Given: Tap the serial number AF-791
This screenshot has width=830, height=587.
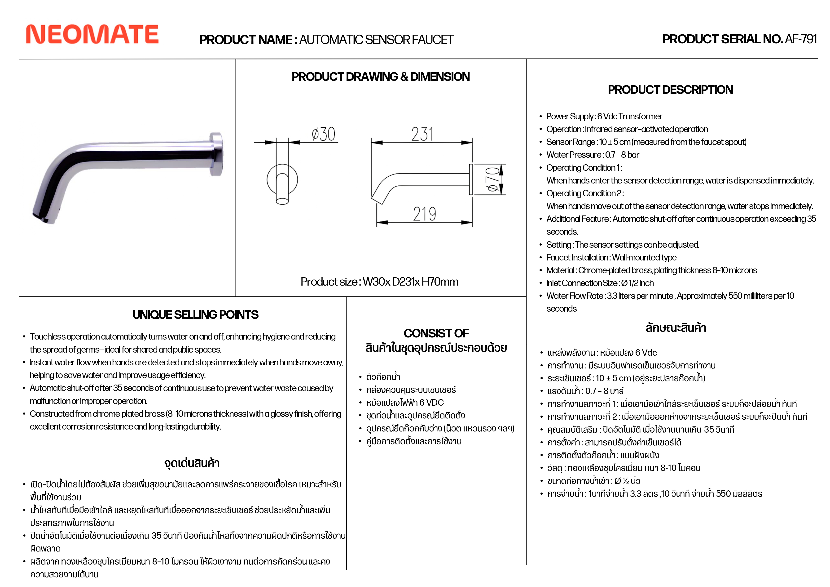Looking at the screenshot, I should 801,39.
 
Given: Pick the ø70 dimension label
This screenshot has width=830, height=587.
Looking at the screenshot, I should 493,179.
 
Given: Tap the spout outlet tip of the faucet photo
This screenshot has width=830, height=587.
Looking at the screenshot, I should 42,217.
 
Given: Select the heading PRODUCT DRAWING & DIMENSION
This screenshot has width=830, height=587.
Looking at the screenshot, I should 381,77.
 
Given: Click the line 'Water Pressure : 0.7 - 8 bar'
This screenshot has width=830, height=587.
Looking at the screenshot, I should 593,155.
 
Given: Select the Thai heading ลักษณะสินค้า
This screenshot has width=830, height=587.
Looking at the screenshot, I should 676,328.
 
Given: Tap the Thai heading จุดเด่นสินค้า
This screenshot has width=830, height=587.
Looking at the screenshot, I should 192,463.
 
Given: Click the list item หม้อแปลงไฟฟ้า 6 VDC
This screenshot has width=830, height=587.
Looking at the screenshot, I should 405,403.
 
